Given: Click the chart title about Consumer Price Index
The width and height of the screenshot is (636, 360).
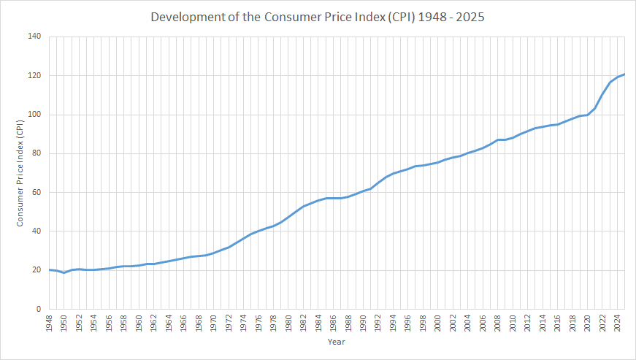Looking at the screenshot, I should pyautogui.click(x=317, y=16).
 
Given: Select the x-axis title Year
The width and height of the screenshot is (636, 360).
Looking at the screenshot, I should pyautogui.click(x=336, y=341).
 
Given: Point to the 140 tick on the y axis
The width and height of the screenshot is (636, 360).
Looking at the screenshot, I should pyautogui.click(x=34, y=37).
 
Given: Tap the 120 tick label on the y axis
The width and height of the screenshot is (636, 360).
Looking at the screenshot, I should pyautogui.click(x=34, y=75).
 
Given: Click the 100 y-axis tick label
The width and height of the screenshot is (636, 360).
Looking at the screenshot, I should pyautogui.click(x=34, y=115).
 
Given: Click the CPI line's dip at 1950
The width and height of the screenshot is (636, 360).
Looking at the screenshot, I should pyautogui.click(x=64, y=272).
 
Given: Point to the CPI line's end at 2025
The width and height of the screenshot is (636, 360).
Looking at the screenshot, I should pyautogui.click(x=625, y=74).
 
